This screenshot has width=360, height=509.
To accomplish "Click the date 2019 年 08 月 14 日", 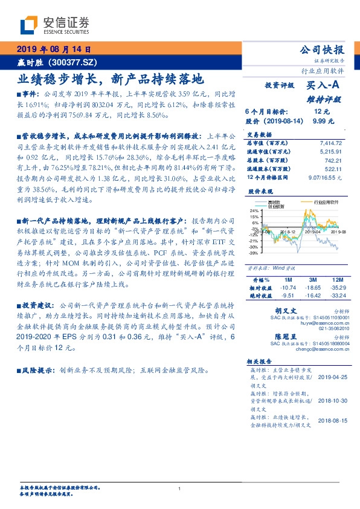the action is coord(52,50).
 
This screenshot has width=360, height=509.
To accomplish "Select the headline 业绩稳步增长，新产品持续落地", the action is coord(109,78).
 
